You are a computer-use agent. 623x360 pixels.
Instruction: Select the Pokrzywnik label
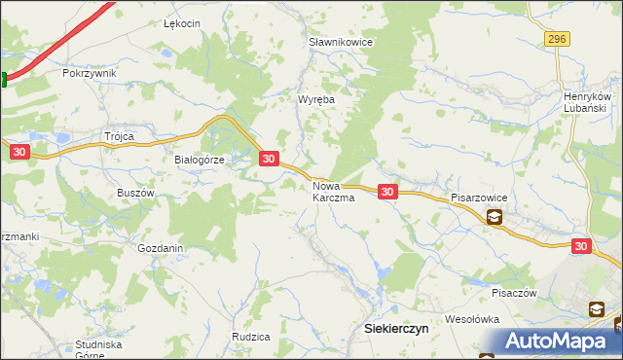click(x=89, y=73)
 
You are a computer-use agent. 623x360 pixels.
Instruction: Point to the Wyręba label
click(x=316, y=99)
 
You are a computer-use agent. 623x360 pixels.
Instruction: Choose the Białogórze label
click(x=199, y=161)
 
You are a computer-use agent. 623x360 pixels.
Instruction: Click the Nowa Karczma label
click(x=333, y=191)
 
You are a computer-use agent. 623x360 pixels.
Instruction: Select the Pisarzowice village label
click(x=479, y=197)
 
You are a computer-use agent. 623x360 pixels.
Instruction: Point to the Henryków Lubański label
click(x=586, y=102)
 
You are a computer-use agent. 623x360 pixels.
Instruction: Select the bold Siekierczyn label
click(x=396, y=329)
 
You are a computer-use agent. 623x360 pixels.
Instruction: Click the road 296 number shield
click(x=556, y=38)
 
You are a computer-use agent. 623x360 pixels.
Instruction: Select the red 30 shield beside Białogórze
click(x=270, y=158)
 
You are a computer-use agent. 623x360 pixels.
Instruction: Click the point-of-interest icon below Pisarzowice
click(x=495, y=218)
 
